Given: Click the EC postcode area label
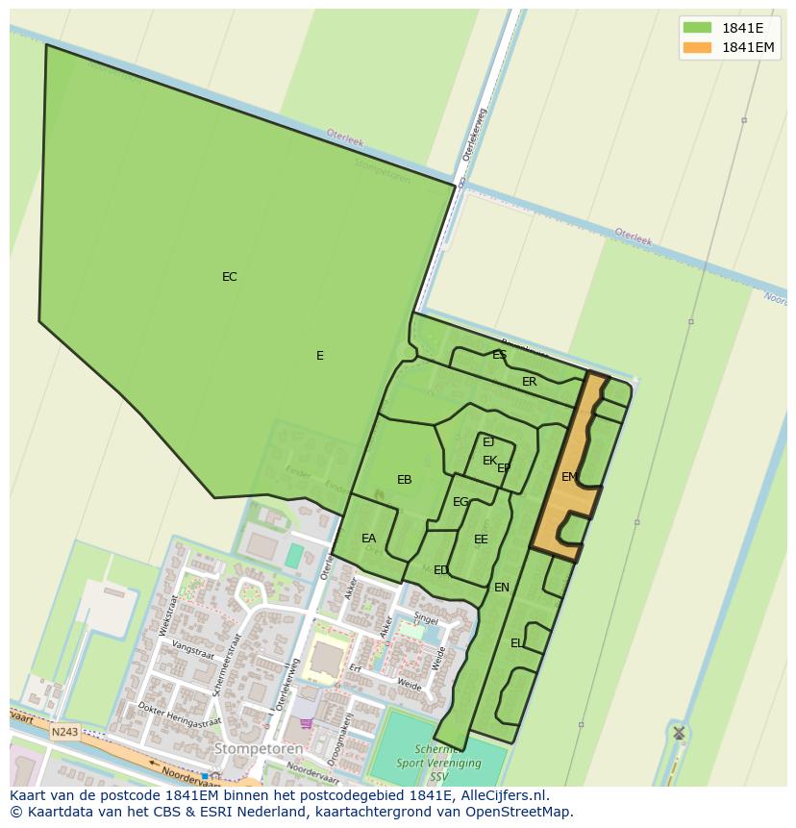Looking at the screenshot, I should [x=229, y=277].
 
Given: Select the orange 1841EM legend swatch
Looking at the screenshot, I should [x=697, y=47].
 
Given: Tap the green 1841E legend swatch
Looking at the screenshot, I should [x=697, y=28].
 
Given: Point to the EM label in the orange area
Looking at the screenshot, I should [x=569, y=477].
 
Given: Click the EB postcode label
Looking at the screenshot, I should [x=404, y=480].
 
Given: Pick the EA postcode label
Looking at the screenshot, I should [x=368, y=539].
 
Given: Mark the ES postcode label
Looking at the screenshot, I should [x=499, y=355].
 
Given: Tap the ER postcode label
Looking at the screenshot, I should [x=529, y=382].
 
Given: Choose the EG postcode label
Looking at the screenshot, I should [x=460, y=502].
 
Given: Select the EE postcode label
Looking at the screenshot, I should [x=481, y=539].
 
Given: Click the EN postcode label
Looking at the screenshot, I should [x=501, y=588].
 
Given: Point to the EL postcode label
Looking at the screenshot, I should [x=516, y=643].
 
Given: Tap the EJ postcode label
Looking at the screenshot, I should [x=488, y=442].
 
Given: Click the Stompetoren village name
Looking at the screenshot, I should [x=258, y=748].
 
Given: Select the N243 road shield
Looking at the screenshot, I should [x=64, y=732].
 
